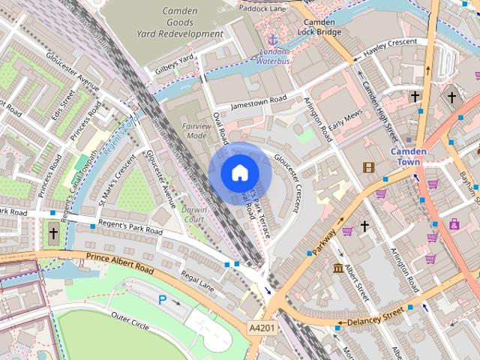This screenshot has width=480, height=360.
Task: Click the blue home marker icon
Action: click(x=238, y=173)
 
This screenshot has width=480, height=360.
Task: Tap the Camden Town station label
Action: click(x=409, y=157)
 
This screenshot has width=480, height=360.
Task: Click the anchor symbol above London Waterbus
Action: click(x=274, y=38)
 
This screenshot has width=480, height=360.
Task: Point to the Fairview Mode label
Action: click(x=196, y=131)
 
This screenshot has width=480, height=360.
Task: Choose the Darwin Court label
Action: click(x=195, y=215)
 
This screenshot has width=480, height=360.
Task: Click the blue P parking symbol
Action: click(x=163, y=300)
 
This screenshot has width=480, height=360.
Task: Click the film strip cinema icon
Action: click(x=368, y=167)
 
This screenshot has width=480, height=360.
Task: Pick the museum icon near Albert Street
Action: click(x=339, y=269)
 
